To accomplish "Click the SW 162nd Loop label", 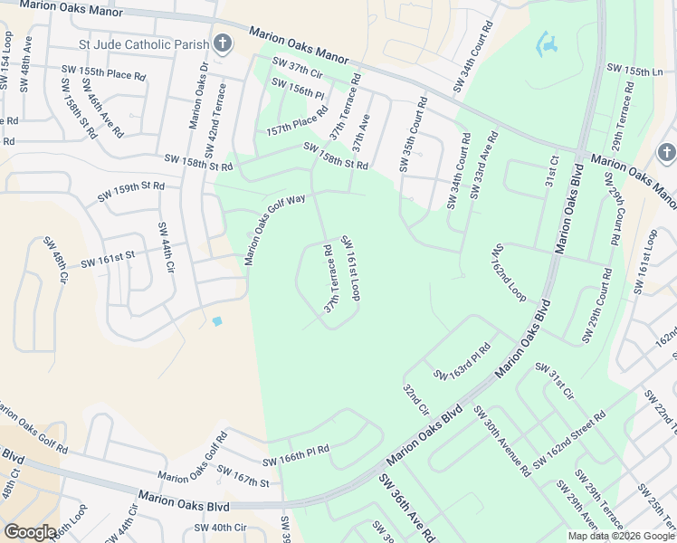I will pos(510,271).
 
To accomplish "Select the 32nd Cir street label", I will pos(415,398).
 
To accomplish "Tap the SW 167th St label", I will pos(243,476).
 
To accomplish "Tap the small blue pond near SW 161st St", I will pos(216,320).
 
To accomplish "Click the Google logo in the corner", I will pos(30,531).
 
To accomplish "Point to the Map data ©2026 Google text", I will pos(620,536).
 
